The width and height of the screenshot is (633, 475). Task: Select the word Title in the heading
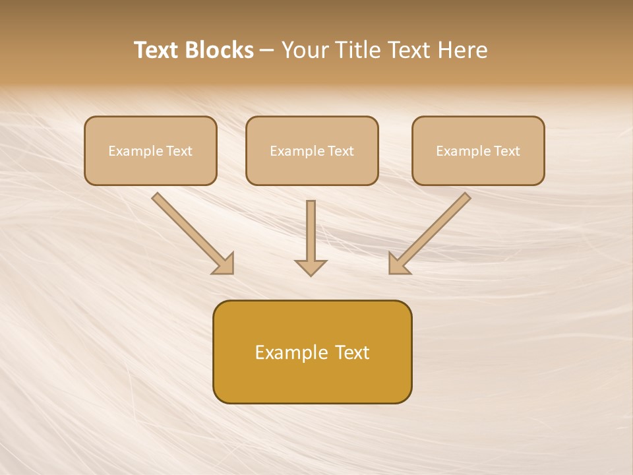tap(359, 50)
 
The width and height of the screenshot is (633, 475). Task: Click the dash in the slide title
tap(267, 51)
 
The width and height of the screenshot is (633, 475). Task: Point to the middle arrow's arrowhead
tap(311, 267)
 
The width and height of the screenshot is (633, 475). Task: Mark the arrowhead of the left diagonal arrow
tap(224, 264)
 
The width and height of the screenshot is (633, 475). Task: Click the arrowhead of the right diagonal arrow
tap(398, 264)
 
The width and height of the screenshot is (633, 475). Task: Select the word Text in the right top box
tap(506, 151)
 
